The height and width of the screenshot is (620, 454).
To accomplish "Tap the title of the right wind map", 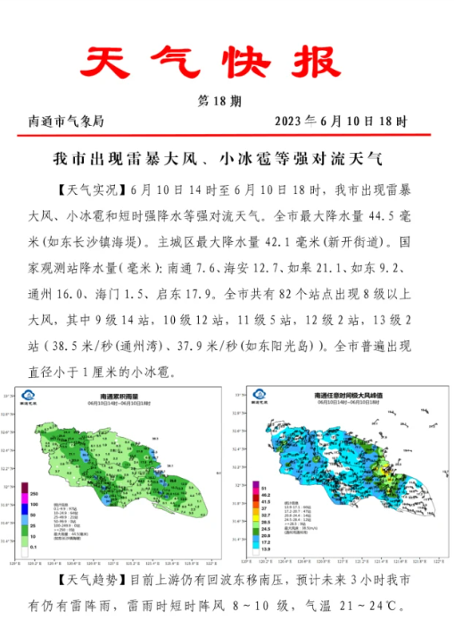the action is point(343,395).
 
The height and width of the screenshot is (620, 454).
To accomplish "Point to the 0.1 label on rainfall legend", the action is point(35,546).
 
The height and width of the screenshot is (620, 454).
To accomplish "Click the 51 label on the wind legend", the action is point(265,486).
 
